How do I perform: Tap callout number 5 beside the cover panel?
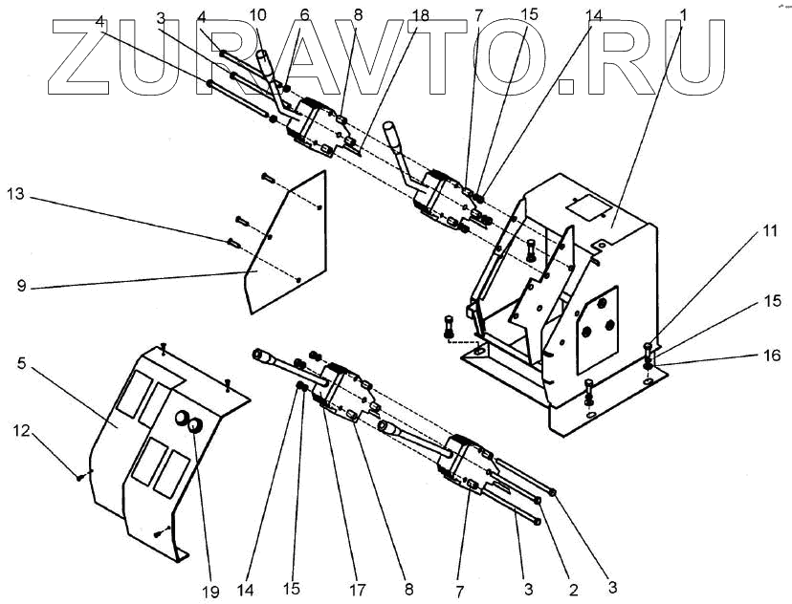point(21,363)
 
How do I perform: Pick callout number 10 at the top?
point(257,14)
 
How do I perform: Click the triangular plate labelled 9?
point(287,239)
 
